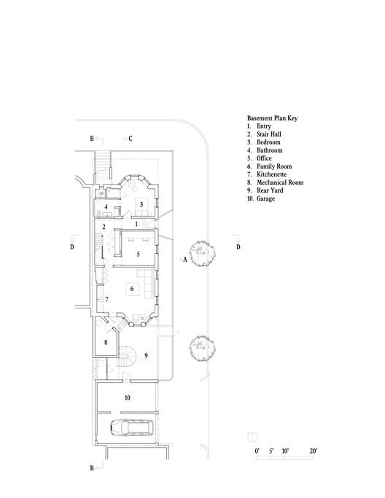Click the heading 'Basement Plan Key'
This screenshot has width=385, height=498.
[272, 117]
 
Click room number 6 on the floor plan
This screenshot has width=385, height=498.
[131, 289]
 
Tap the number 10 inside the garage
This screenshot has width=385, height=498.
[127, 397]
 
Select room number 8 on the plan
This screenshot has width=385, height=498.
[106, 341]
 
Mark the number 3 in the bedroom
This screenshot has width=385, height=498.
[141, 205]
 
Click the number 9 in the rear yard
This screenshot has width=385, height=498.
[146, 355]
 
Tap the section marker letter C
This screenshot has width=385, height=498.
[131, 137]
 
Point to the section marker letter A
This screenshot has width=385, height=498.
[185, 260]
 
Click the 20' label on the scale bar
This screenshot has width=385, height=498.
[314, 452]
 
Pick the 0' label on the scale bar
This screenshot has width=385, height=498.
[257, 452]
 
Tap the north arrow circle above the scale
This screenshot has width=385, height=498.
[252, 435]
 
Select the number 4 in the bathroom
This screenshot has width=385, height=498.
[106, 207]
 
